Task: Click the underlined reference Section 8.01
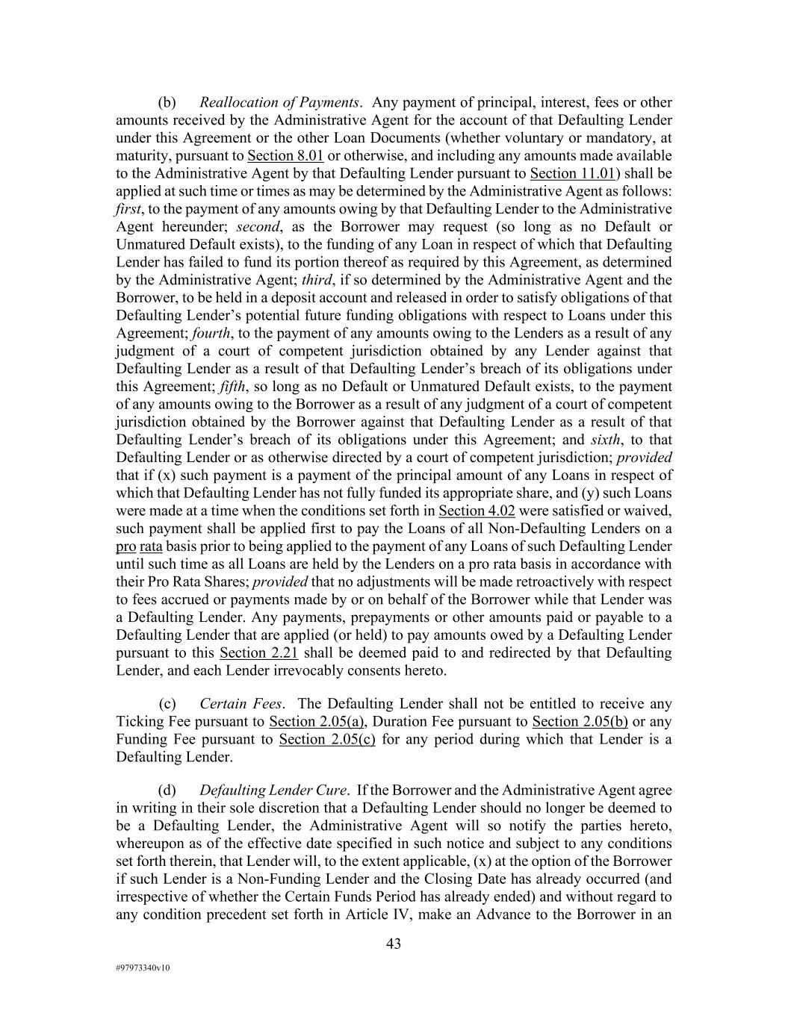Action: pyautogui.click(x=285, y=156)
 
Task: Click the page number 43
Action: pyautogui.click(x=394, y=944)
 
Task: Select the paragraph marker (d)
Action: pyautogui.click(x=167, y=791)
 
